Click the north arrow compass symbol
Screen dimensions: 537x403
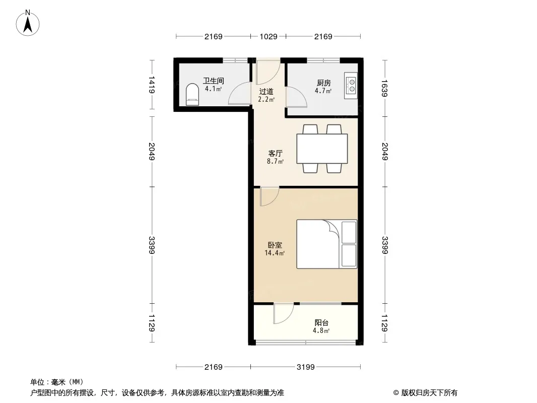(28, 23)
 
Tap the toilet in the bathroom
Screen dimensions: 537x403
(192, 95)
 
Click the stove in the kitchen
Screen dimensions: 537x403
(351, 86)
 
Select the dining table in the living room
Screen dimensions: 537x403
(322, 149)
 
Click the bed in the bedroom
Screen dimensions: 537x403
(327, 244)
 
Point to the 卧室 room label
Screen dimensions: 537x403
(275, 245)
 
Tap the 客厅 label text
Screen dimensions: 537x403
(276, 154)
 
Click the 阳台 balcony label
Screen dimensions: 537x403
(321, 322)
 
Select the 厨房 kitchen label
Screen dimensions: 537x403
(323, 83)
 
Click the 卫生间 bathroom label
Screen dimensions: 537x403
(214, 81)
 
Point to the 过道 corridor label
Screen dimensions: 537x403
(266, 91)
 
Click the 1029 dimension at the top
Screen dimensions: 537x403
(268, 36)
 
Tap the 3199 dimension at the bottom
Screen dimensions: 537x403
(305, 367)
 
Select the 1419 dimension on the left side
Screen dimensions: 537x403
(152, 85)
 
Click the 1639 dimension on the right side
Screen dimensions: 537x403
(384, 88)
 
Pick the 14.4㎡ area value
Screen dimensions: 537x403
(275, 253)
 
